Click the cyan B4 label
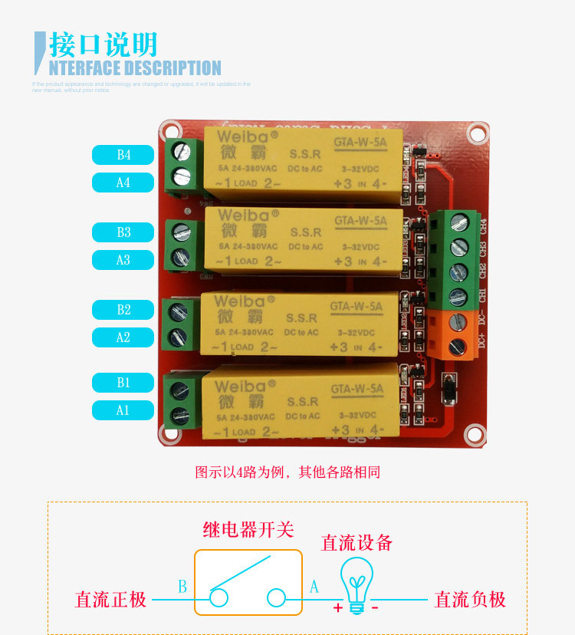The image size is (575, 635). click(123, 155)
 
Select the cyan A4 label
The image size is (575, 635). click(123, 183)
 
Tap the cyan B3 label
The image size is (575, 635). click(123, 232)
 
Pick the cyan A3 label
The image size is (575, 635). click(123, 260)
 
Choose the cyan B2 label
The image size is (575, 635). click(123, 310)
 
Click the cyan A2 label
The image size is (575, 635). click(123, 337)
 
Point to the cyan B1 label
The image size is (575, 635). click(123, 382)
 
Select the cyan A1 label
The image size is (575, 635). click(123, 410)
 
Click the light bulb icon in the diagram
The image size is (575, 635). click(356, 583)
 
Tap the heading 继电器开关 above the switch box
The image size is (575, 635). click(248, 529)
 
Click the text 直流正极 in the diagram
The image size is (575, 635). click(110, 600)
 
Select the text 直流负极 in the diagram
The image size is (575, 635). click(471, 600)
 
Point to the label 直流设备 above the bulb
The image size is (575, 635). click(356, 542)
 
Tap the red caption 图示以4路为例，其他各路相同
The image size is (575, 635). click(287, 472)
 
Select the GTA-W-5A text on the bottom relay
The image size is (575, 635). click(357, 390)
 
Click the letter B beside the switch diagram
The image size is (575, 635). click(182, 587)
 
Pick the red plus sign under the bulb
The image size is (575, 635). click(337, 607)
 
